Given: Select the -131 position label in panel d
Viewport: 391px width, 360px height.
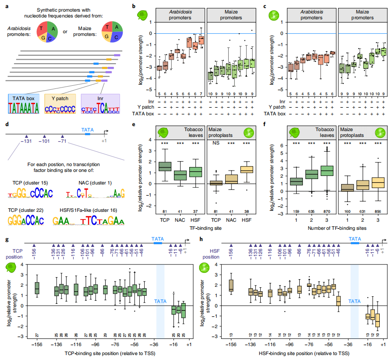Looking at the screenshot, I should coord(27,141).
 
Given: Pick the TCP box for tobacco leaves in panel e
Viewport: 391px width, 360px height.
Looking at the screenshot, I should coord(165,166).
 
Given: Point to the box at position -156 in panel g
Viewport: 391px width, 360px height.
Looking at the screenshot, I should coord(37,288).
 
